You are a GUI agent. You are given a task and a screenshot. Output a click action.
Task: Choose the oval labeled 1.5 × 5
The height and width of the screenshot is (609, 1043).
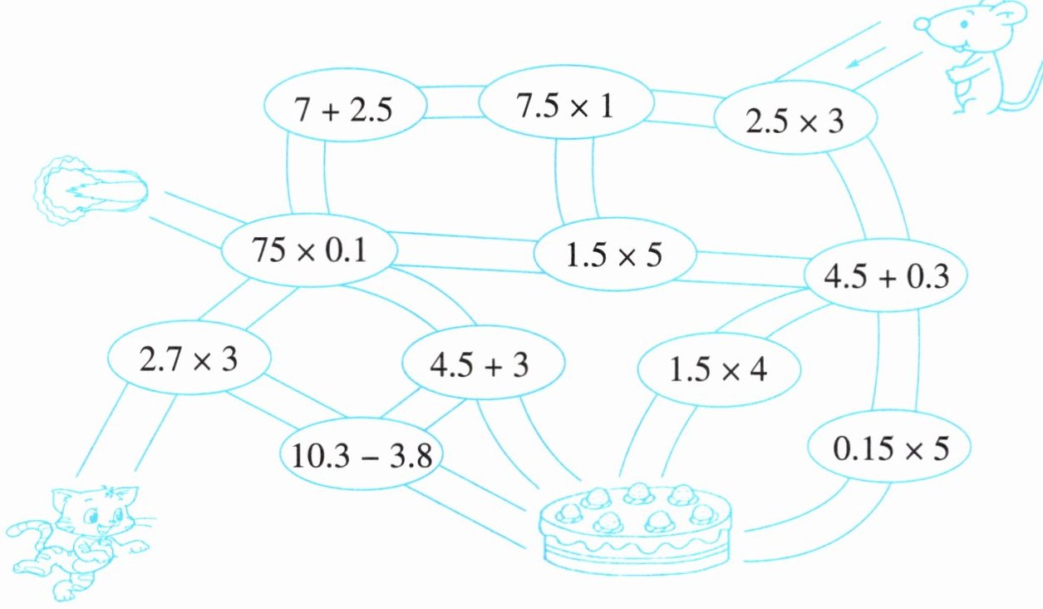click(x=614, y=255)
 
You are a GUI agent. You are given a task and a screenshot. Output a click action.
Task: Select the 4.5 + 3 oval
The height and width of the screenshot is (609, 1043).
click(x=483, y=364)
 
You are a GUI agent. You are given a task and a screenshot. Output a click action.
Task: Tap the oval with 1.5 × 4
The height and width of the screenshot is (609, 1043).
click(x=720, y=368)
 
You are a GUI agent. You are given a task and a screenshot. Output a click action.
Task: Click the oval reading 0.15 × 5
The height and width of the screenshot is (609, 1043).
click(x=890, y=450)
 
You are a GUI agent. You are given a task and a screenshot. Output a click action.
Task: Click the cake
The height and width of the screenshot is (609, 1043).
click(x=638, y=526)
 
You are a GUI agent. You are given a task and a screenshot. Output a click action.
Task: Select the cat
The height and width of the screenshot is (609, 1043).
click(x=79, y=537)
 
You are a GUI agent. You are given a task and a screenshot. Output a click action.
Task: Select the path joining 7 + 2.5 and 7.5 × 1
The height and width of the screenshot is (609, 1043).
click(x=453, y=101)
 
